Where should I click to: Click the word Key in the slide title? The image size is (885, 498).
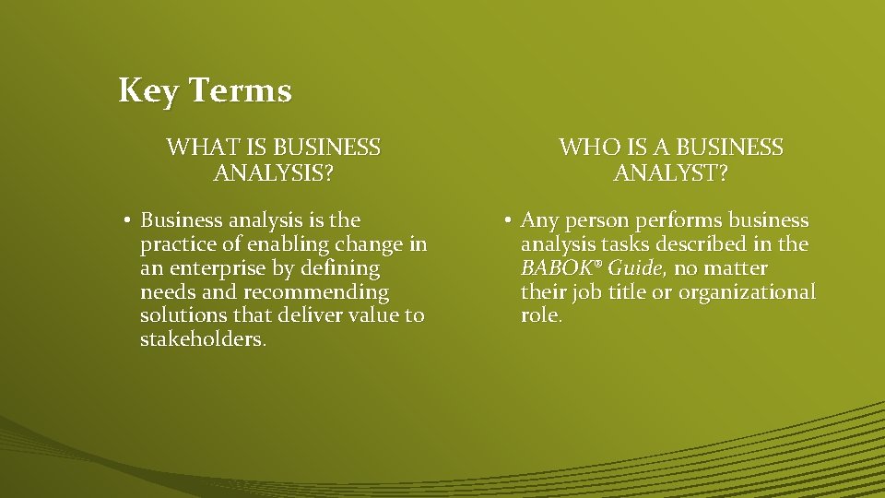point(149,91)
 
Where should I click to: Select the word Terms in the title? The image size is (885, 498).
point(242,91)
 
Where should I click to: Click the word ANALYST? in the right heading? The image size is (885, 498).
point(671,172)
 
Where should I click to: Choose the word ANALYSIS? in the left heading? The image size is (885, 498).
point(273,172)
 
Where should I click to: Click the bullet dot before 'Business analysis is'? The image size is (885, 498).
point(126,221)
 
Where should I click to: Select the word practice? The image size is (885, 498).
point(176,245)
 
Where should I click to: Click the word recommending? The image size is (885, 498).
point(316,292)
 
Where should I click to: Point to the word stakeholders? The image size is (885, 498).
point(201,339)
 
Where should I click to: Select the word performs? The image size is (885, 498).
point(678,221)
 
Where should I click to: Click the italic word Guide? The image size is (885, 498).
point(635,268)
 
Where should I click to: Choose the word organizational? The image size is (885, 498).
point(747,292)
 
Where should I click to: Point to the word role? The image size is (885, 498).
point(539,315)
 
